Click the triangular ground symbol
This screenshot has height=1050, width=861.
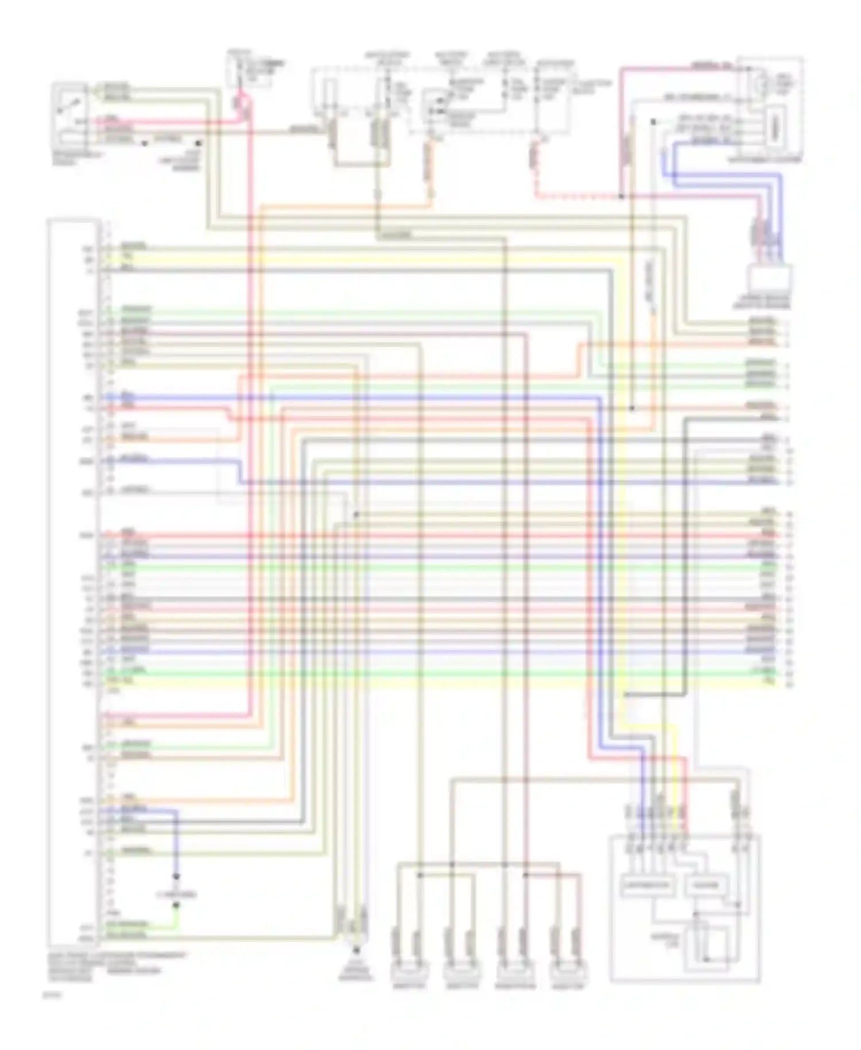click(x=355, y=952)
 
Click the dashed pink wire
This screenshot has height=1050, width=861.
click(x=574, y=196)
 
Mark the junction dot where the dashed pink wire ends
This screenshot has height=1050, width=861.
click(x=621, y=196)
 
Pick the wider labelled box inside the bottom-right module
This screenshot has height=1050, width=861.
click(x=647, y=885)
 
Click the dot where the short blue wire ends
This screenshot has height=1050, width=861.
click(x=176, y=877)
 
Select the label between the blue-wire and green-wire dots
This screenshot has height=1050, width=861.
click(x=176, y=894)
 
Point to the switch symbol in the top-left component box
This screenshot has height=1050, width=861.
click(x=69, y=106)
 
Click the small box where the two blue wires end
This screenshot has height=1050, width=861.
click(x=770, y=280)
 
